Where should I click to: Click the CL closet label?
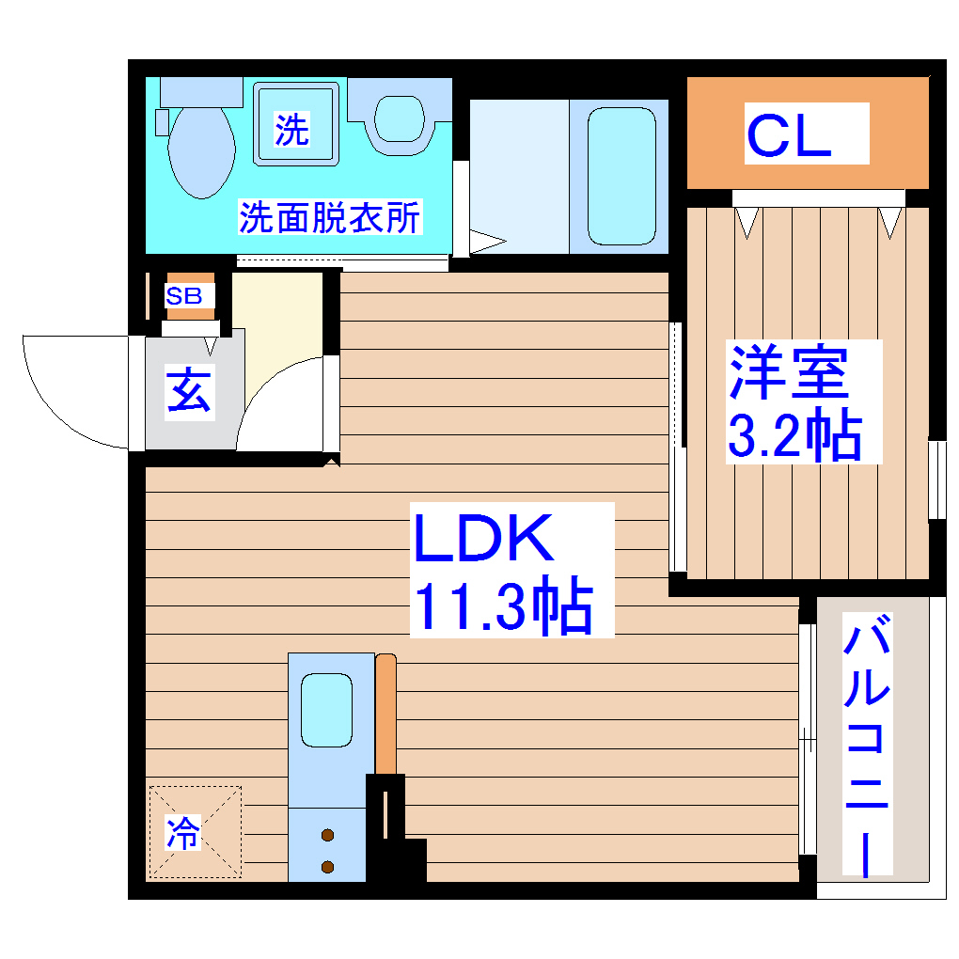(789, 135)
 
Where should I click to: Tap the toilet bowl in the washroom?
(201, 150)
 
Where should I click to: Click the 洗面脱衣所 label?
(329, 218)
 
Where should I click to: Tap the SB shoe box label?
(184, 295)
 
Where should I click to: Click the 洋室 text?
(790, 373)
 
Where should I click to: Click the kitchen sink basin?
(325, 710)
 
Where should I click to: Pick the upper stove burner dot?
(327, 834)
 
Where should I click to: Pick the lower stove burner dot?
(327, 866)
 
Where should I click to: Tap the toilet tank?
(201, 91)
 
